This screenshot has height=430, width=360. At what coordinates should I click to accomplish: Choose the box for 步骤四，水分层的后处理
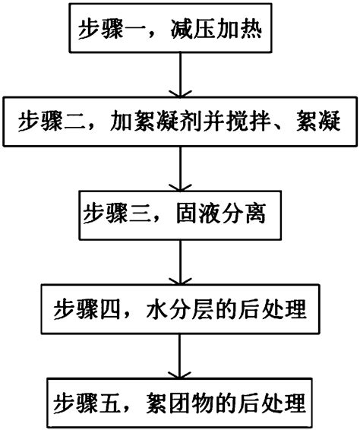pyautogui.click(x=179, y=309)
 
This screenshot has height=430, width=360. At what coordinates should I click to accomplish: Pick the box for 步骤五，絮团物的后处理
pyautogui.click(x=179, y=400)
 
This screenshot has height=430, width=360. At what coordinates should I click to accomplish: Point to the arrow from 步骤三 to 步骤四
pyautogui.click(x=179, y=262)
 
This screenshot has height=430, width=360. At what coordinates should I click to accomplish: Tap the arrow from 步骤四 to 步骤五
pyautogui.click(x=179, y=355)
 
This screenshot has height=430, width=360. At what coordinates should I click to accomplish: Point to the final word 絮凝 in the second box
pyautogui.click(x=327, y=121)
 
